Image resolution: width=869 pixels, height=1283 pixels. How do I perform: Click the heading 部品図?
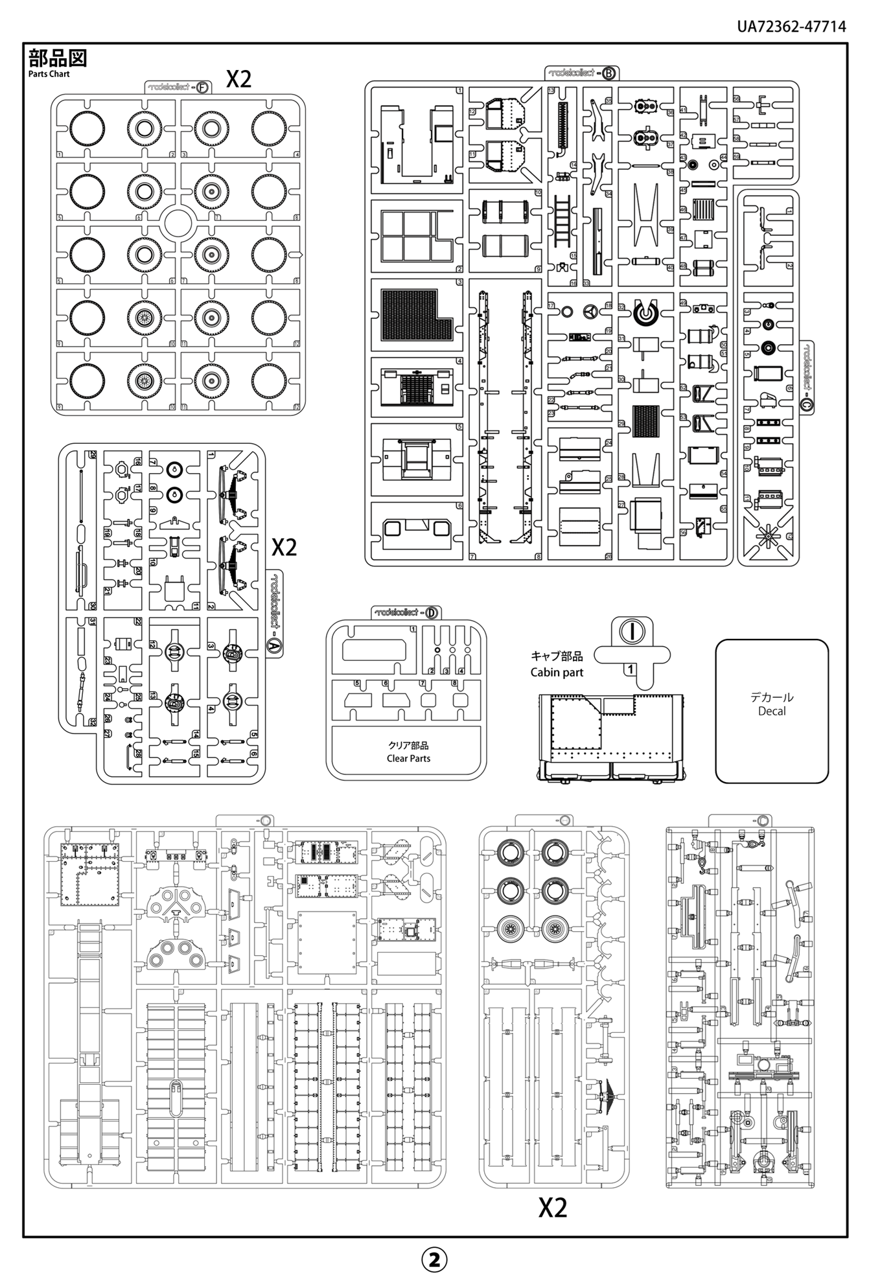point(57,58)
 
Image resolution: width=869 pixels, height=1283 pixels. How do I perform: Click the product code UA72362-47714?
point(791,26)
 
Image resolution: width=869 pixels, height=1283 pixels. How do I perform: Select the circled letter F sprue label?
point(202,87)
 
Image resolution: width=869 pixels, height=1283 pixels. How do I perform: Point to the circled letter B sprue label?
point(608,73)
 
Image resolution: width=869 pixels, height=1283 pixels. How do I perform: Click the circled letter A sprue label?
point(273,645)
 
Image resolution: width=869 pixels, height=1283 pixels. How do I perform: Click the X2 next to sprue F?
point(238,79)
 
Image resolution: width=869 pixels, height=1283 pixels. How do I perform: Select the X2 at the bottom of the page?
point(553,1207)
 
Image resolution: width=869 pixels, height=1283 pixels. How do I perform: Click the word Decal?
point(771,711)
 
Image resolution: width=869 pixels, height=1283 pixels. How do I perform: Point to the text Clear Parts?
point(408,758)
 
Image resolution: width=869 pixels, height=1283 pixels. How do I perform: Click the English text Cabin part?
point(557,672)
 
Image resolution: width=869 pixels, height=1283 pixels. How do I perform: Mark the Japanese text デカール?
point(771,697)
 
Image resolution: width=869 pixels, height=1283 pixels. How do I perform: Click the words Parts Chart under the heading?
point(49,74)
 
